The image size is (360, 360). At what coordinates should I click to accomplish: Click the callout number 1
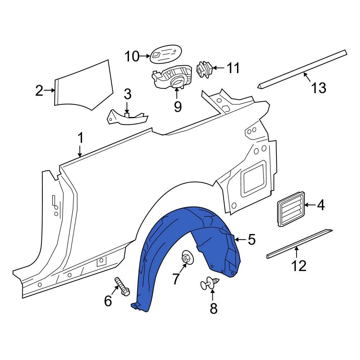point(81,138)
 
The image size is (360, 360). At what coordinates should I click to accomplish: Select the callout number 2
point(39,91)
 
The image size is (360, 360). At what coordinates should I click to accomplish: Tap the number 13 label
point(319,87)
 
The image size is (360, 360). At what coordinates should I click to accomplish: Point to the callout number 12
point(299,266)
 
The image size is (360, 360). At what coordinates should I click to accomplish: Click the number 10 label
point(132,57)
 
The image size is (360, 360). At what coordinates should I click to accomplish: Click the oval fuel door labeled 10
point(165,54)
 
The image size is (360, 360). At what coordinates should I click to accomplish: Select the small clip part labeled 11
point(204,69)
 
